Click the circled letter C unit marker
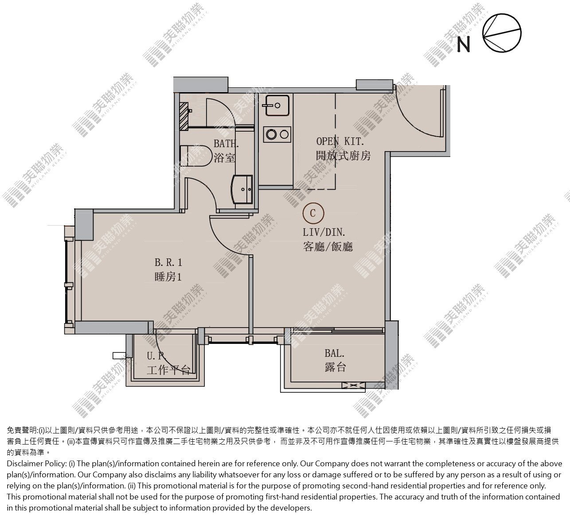coord(313,213)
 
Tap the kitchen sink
coord(277,105)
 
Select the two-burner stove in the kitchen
coord(277,134)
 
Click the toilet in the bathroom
coord(196,155)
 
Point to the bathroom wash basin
coord(242,189)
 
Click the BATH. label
coord(226,144)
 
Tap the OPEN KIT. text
coord(340,141)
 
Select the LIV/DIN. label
coord(324,232)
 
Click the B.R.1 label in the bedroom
coord(168,262)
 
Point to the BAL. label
coord(335,353)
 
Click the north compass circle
coord(502,33)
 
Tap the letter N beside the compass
coord(464,45)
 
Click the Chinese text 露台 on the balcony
coord(335,367)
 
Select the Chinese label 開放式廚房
coord(343,156)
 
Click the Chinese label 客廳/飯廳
coord(328,246)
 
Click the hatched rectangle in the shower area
coord(184,116)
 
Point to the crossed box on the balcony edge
coord(353,386)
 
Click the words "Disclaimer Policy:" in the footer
coord(37,464)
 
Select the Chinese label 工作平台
coord(168,370)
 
